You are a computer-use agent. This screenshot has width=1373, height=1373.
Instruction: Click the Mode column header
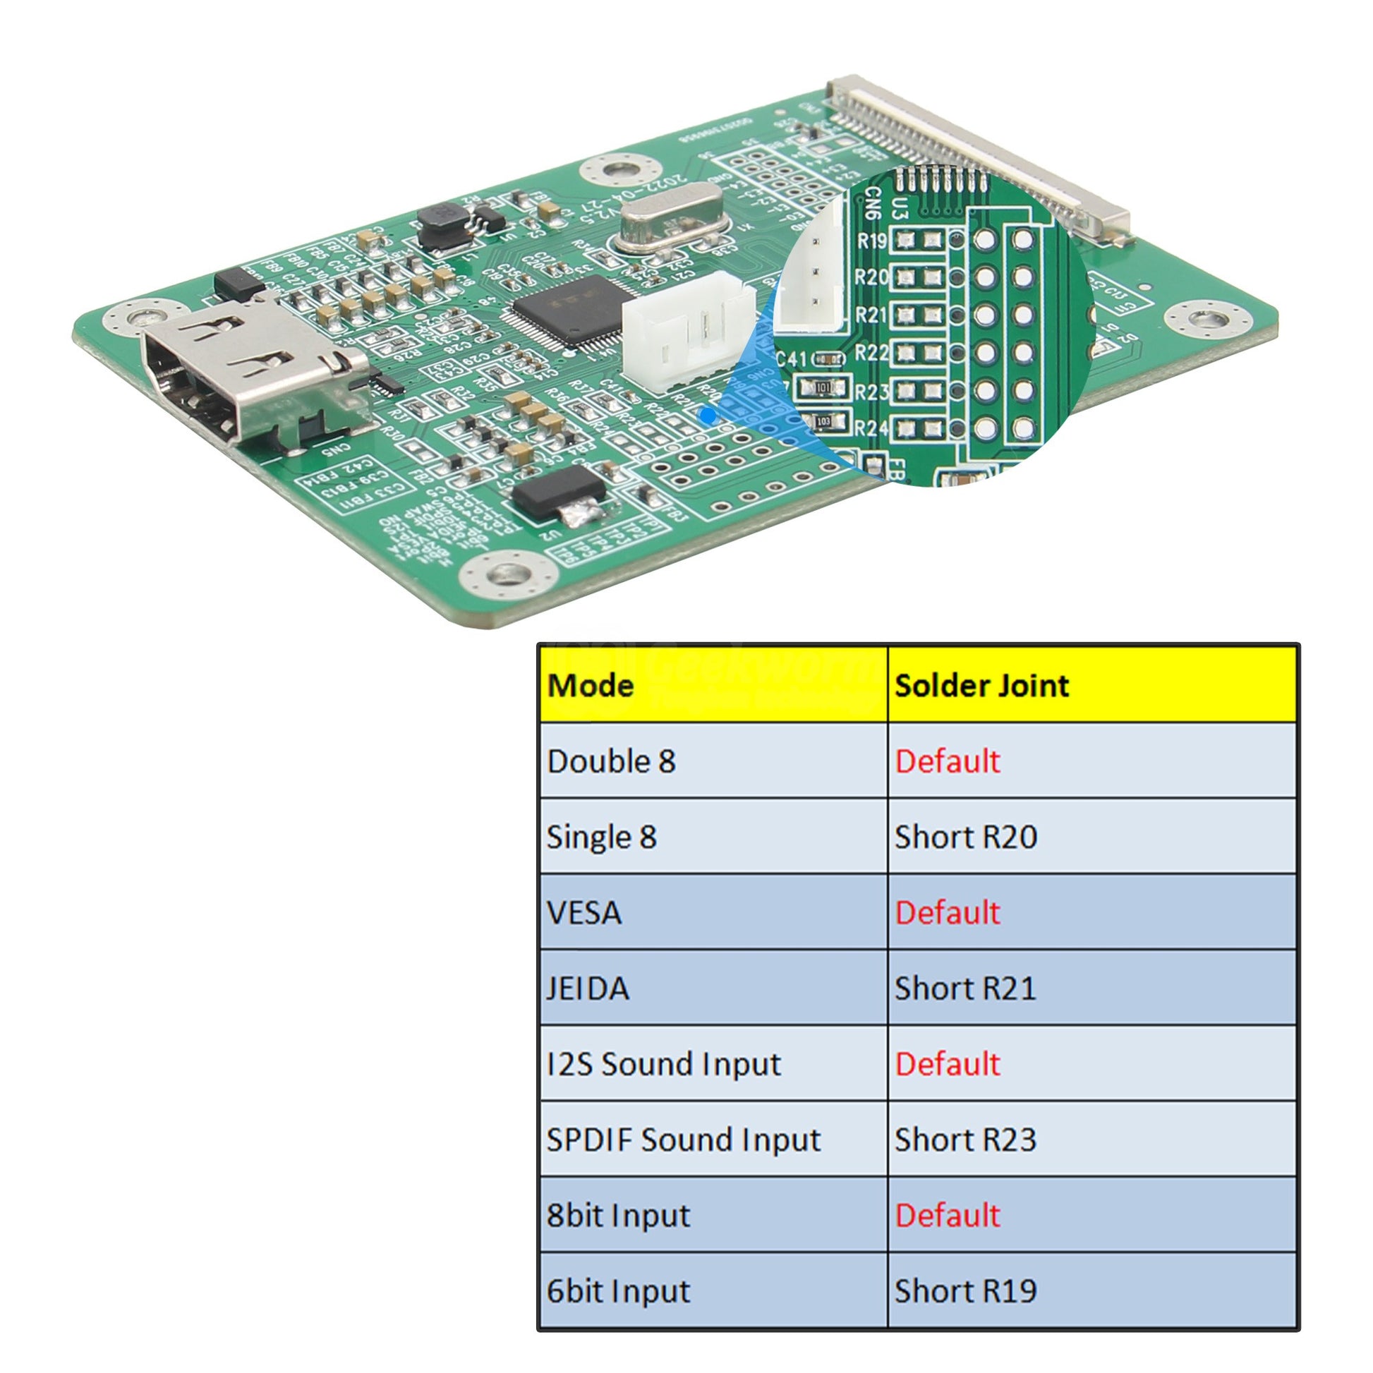[591, 686]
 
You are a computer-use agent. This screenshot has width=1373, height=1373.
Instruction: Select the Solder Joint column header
[981, 686]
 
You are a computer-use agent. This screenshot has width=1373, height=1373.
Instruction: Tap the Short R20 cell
[966, 837]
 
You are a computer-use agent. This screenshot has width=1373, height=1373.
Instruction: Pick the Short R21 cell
[965, 988]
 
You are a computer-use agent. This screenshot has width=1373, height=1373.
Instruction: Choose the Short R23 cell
[965, 1140]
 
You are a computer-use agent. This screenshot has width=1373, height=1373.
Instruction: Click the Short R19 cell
[965, 1291]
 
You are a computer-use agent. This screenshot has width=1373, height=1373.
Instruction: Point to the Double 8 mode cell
[611, 762]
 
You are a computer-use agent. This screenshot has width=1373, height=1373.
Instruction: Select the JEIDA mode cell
[588, 988]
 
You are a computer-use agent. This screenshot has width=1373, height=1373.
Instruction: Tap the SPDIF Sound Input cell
[683, 1140]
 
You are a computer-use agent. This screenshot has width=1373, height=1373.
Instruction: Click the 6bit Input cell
[618, 1291]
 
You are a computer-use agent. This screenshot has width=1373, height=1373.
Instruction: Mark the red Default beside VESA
[948, 913]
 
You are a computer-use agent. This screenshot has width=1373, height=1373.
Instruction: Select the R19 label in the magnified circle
[872, 241]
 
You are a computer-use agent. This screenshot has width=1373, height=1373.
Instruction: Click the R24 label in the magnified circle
[871, 428]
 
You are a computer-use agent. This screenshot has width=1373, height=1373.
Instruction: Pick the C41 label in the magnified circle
[791, 360]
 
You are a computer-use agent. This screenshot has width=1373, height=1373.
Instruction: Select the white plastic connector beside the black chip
[686, 330]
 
